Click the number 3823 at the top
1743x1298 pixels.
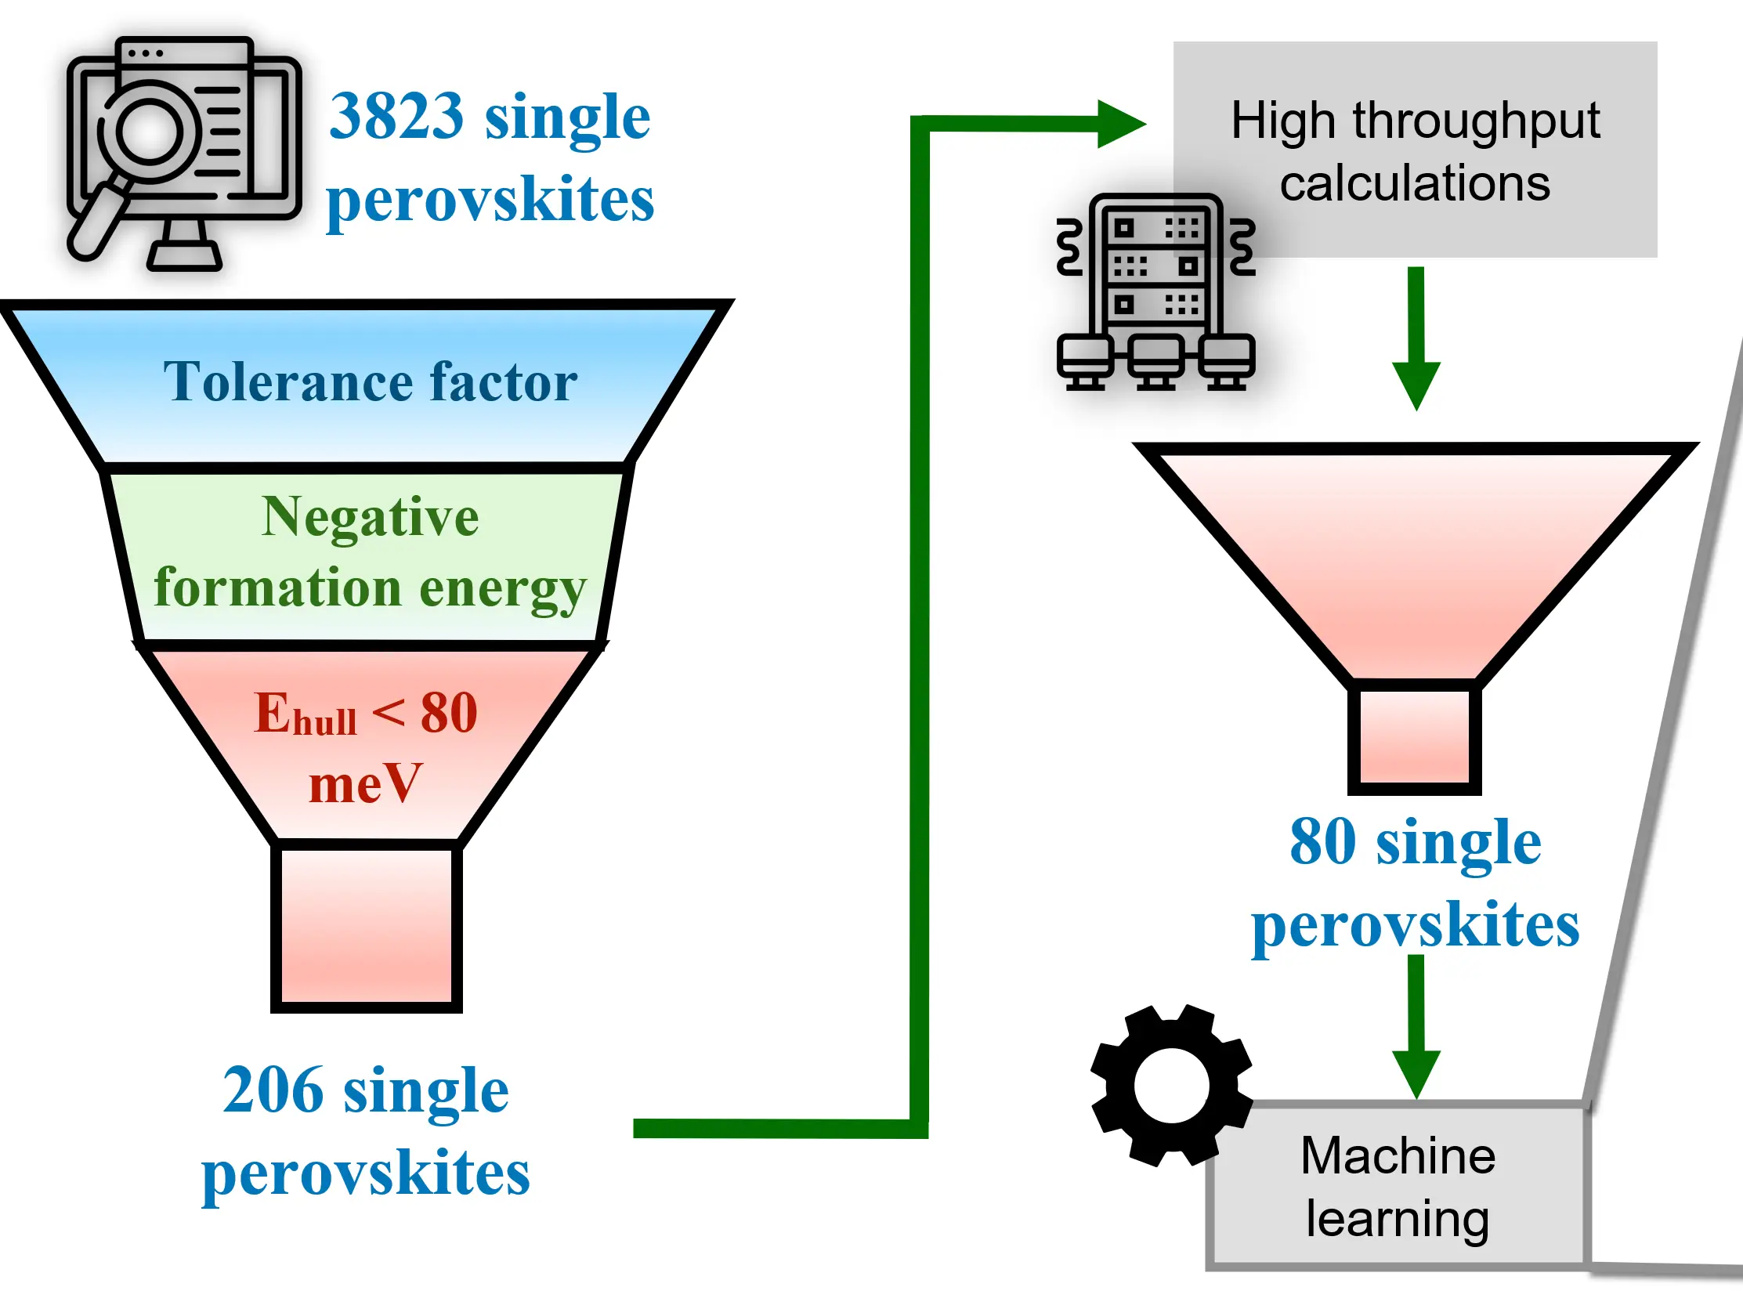coord(397,116)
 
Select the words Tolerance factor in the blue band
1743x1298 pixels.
coord(370,381)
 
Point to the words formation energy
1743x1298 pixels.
coord(370,588)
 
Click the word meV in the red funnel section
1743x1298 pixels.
coord(366,783)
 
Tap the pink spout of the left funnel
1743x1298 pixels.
coord(366,926)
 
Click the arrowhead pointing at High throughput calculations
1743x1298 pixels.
coord(1122,124)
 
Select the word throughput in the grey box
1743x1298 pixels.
coord(1476,121)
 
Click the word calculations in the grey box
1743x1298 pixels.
coord(1416,184)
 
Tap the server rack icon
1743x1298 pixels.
coord(1156,292)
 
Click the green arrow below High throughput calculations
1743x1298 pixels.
coord(1416,338)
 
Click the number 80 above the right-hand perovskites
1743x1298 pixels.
coord(1323,841)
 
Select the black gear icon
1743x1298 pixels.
coord(1172,1085)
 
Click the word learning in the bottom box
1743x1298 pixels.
coord(1398,1220)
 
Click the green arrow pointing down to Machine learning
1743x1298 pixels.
coord(1416,1027)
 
